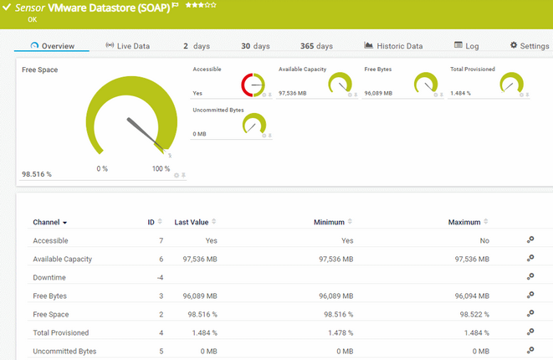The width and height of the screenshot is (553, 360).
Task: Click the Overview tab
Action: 52,46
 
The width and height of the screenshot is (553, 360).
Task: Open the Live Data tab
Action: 128,46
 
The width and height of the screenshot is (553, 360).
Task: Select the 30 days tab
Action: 256,46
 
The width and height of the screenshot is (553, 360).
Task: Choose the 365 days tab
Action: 317,46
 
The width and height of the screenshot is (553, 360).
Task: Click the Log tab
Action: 467,46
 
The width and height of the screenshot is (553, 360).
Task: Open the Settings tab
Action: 529,46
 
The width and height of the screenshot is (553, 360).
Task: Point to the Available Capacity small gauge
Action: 340,84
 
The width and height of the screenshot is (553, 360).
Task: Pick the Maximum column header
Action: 464,223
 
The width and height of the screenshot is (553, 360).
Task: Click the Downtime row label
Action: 49,277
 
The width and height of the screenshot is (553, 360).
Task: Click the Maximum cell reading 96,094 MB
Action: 471,296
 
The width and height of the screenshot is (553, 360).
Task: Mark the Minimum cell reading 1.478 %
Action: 336,332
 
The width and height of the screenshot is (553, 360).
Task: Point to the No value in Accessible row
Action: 484,240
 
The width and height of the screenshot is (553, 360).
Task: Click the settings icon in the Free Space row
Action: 530,314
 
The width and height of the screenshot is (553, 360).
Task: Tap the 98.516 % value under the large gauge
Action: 37,174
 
